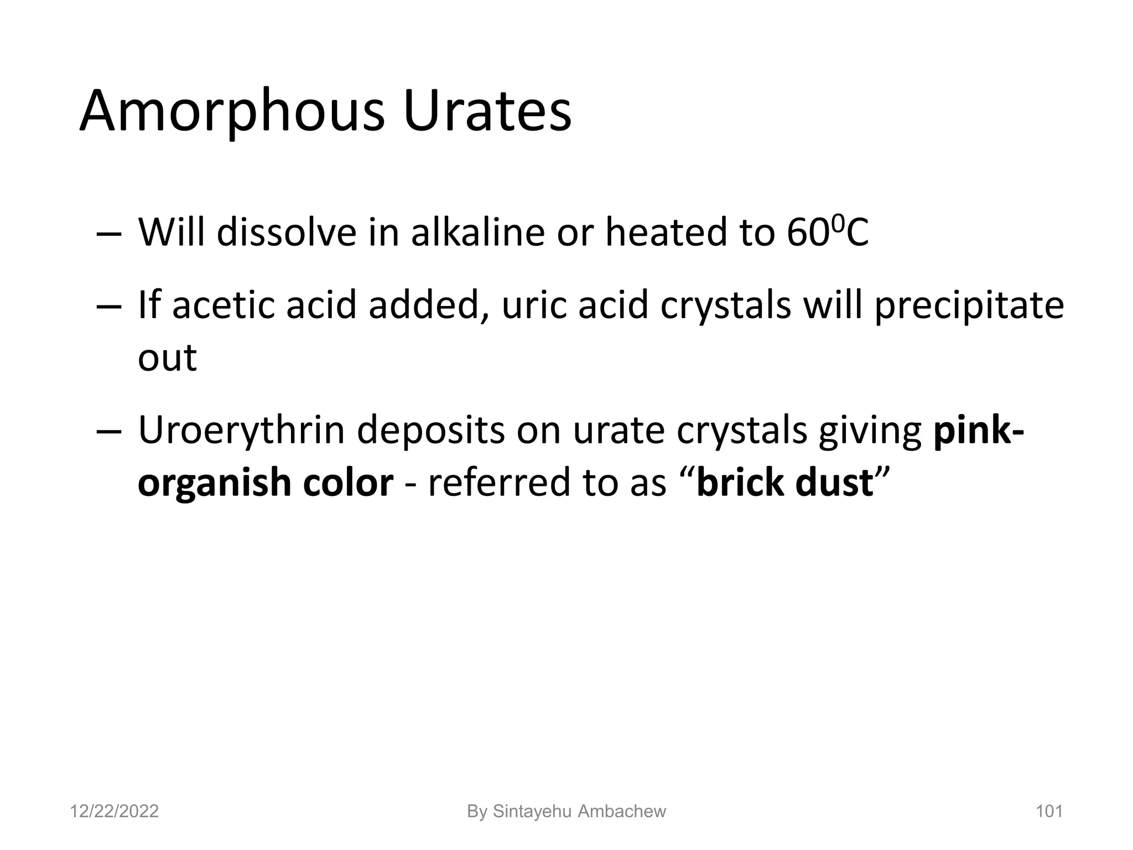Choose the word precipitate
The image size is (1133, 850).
(x=969, y=306)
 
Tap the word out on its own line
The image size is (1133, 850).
(x=167, y=357)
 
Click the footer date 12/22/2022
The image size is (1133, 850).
(x=115, y=812)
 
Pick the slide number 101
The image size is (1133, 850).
(x=1049, y=812)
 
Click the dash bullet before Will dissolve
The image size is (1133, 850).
(x=108, y=234)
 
